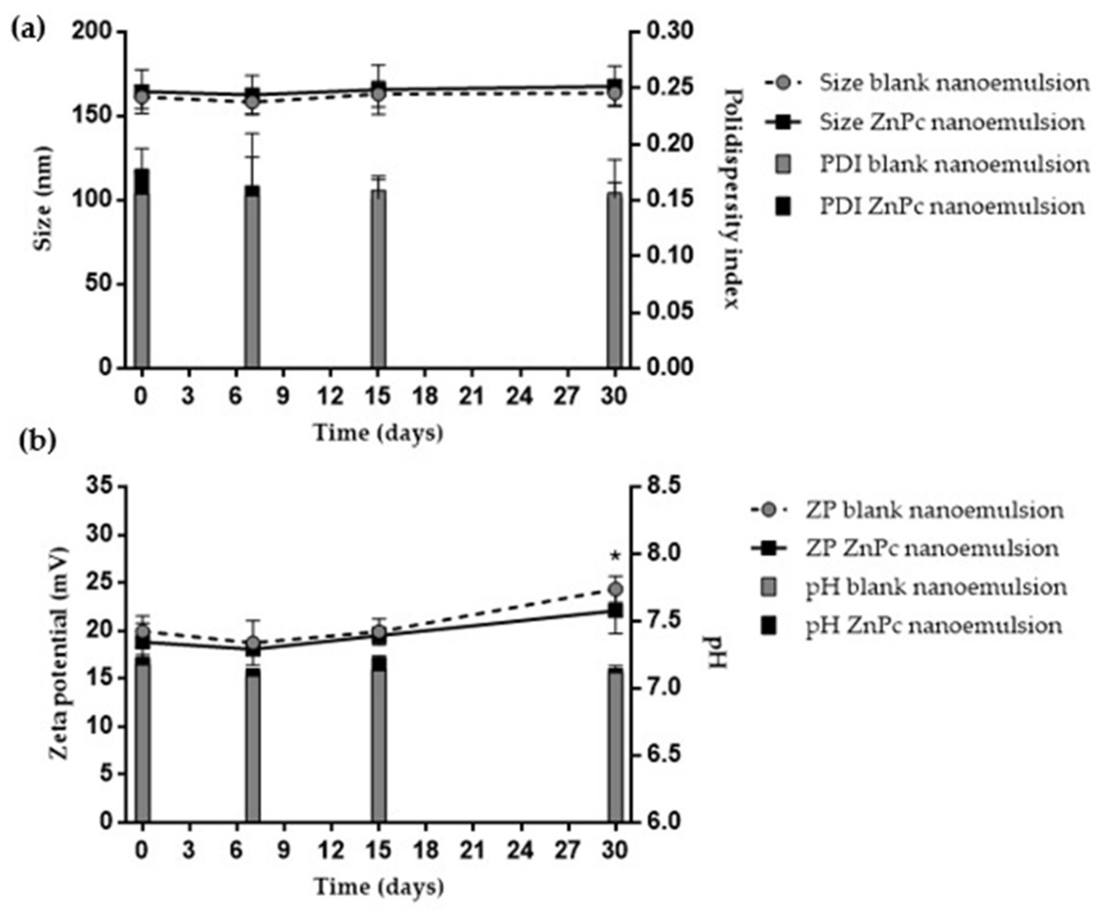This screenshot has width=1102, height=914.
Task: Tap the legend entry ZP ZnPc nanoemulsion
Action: pos(932,549)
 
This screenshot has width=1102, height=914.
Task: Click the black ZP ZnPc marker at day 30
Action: pos(615,610)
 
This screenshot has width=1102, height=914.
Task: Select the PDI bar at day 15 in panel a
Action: pos(378,278)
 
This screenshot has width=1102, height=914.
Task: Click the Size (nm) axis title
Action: pos(45,199)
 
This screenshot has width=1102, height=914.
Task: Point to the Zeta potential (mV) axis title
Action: pos(59,654)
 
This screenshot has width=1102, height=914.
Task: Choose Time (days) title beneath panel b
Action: pos(379,887)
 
